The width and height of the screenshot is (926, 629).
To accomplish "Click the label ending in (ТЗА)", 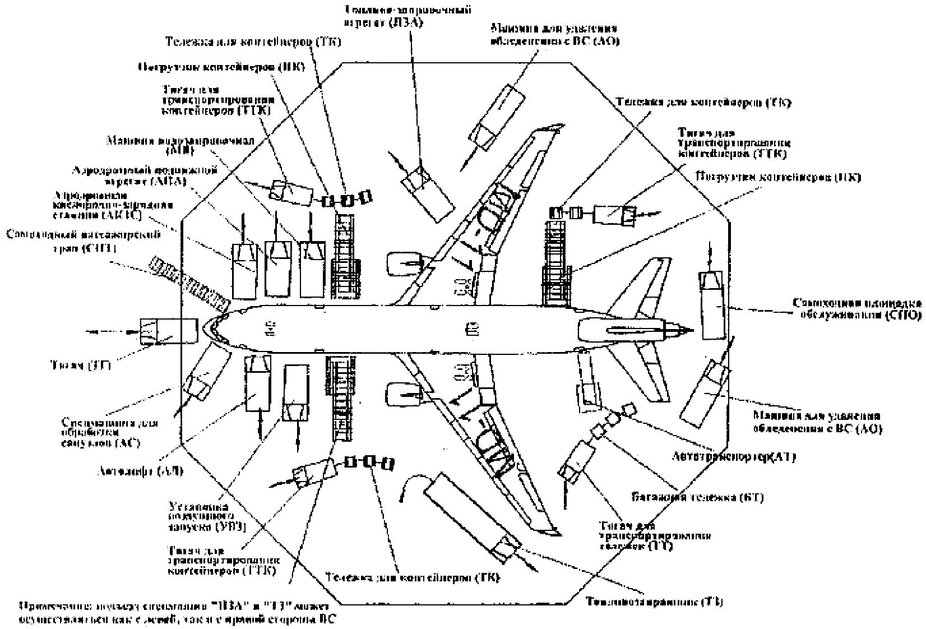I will coord(408,16).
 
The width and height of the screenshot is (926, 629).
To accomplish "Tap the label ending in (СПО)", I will coord(857,309).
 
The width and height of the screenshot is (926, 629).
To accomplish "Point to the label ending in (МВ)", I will coord(179,145).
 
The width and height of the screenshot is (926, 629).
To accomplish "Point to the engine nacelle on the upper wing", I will coord(404,263).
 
